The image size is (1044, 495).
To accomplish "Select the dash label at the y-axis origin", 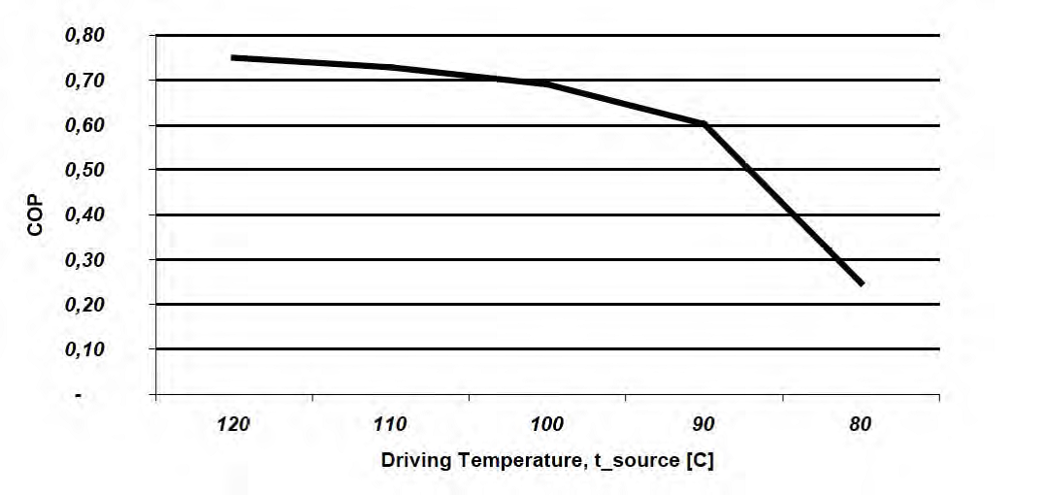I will (x=79, y=395).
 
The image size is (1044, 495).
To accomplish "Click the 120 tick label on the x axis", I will (x=234, y=424).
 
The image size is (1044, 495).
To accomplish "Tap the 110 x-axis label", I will (x=390, y=424).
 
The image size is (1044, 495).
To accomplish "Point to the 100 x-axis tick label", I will (x=547, y=424).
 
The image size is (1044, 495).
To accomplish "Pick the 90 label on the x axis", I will (x=703, y=424).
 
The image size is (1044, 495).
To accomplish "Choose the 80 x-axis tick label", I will (x=861, y=424).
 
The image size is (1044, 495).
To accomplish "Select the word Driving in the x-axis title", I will (x=410, y=460).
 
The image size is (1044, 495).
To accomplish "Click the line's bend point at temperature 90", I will (x=704, y=124).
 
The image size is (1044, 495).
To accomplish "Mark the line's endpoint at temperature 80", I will (x=861, y=284).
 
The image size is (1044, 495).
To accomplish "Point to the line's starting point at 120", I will (x=233, y=57).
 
